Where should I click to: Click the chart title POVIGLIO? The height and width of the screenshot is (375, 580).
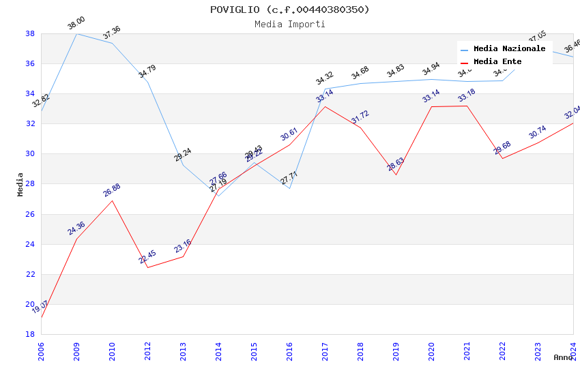(x=290, y=10)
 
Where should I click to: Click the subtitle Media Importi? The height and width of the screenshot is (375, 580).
(x=290, y=24)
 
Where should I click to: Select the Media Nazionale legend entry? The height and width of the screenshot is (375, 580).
(x=509, y=49)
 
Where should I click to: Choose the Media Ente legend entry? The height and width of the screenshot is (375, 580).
(x=497, y=61)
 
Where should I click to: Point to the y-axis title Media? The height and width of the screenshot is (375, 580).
(x=20, y=184)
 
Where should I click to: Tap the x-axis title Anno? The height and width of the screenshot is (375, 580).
(x=563, y=357)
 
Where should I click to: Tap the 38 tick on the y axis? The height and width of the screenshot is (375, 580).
(x=30, y=33)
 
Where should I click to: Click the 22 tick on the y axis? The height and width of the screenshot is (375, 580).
(x=30, y=274)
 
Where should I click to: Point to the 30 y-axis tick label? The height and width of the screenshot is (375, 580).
(x=30, y=153)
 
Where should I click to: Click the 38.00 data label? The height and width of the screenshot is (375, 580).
(x=76, y=25)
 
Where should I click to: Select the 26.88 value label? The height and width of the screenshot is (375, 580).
(x=112, y=190)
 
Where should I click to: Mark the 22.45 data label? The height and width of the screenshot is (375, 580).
(x=147, y=257)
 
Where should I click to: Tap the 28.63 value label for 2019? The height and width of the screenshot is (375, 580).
(x=396, y=164)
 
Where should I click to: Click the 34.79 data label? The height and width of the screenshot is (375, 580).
(x=147, y=72)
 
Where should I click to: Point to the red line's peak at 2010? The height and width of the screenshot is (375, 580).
(x=112, y=200)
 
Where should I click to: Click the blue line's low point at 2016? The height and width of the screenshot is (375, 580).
(x=289, y=188)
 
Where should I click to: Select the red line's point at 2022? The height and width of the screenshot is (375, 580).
(x=502, y=158)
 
